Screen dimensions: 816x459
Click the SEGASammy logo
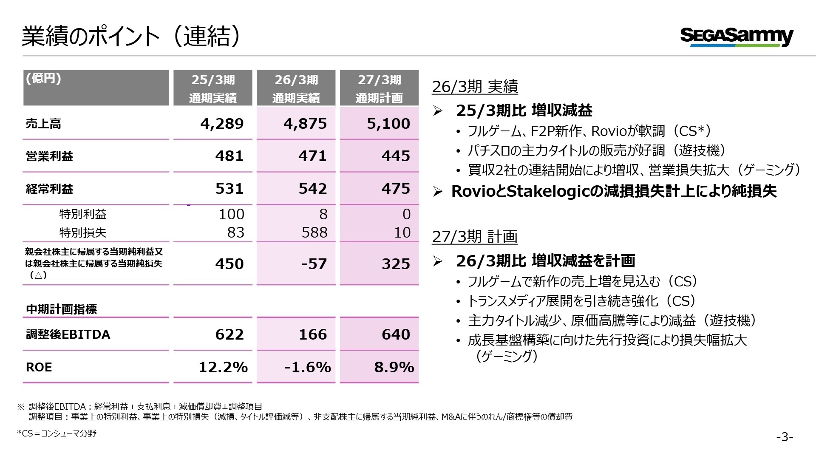pyautogui.click(x=737, y=37)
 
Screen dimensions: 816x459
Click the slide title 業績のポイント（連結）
pyautogui.click(x=132, y=36)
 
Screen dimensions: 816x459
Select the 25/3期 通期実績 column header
pyautogui.click(x=213, y=88)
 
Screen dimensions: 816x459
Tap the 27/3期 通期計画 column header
pyautogui.click(x=379, y=88)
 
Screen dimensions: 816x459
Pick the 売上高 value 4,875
pyautogui.click(x=305, y=124)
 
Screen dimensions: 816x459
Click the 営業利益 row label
pyautogui.click(x=49, y=156)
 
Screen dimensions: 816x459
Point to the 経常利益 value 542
pyautogui.click(x=313, y=189)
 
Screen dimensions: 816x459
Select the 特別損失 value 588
pyautogui.click(x=314, y=232)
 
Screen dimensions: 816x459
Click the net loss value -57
pyautogui.click(x=314, y=264)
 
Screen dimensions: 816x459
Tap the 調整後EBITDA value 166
pyautogui.click(x=313, y=334)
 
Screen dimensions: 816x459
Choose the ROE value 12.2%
pyautogui.click(x=223, y=367)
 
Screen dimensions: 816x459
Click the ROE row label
pyautogui.click(x=39, y=367)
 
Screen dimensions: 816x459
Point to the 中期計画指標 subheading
pyautogui.click(x=62, y=309)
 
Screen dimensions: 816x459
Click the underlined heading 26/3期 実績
pyautogui.click(x=475, y=87)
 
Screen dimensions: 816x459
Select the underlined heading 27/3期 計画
pyautogui.click(x=475, y=237)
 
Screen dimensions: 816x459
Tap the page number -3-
pyautogui.click(x=785, y=437)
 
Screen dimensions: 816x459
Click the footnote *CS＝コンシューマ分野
pyautogui.click(x=57, y=433)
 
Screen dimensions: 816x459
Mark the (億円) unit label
pyautogui.click(x=43, y=79)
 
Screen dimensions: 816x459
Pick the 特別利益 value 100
pyautogui.click(x=232, y=214)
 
